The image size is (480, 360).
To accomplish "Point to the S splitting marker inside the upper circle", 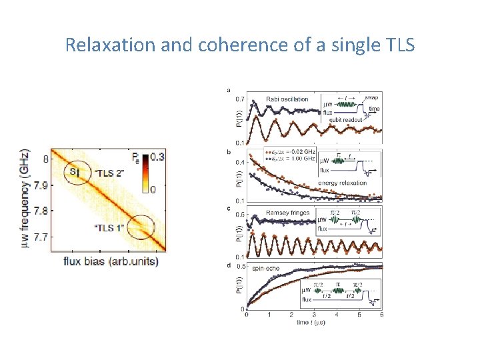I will [x=76, y=173].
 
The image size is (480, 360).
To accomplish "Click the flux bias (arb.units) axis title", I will [x=111, y=261].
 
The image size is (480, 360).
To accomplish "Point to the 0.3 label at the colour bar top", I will [x=157, y=157].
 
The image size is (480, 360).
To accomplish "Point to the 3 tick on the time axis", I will [x=313, y=315].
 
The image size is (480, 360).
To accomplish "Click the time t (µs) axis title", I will [x=314, y=323].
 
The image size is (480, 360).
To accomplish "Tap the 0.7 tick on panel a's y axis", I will [x=239, y=99].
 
